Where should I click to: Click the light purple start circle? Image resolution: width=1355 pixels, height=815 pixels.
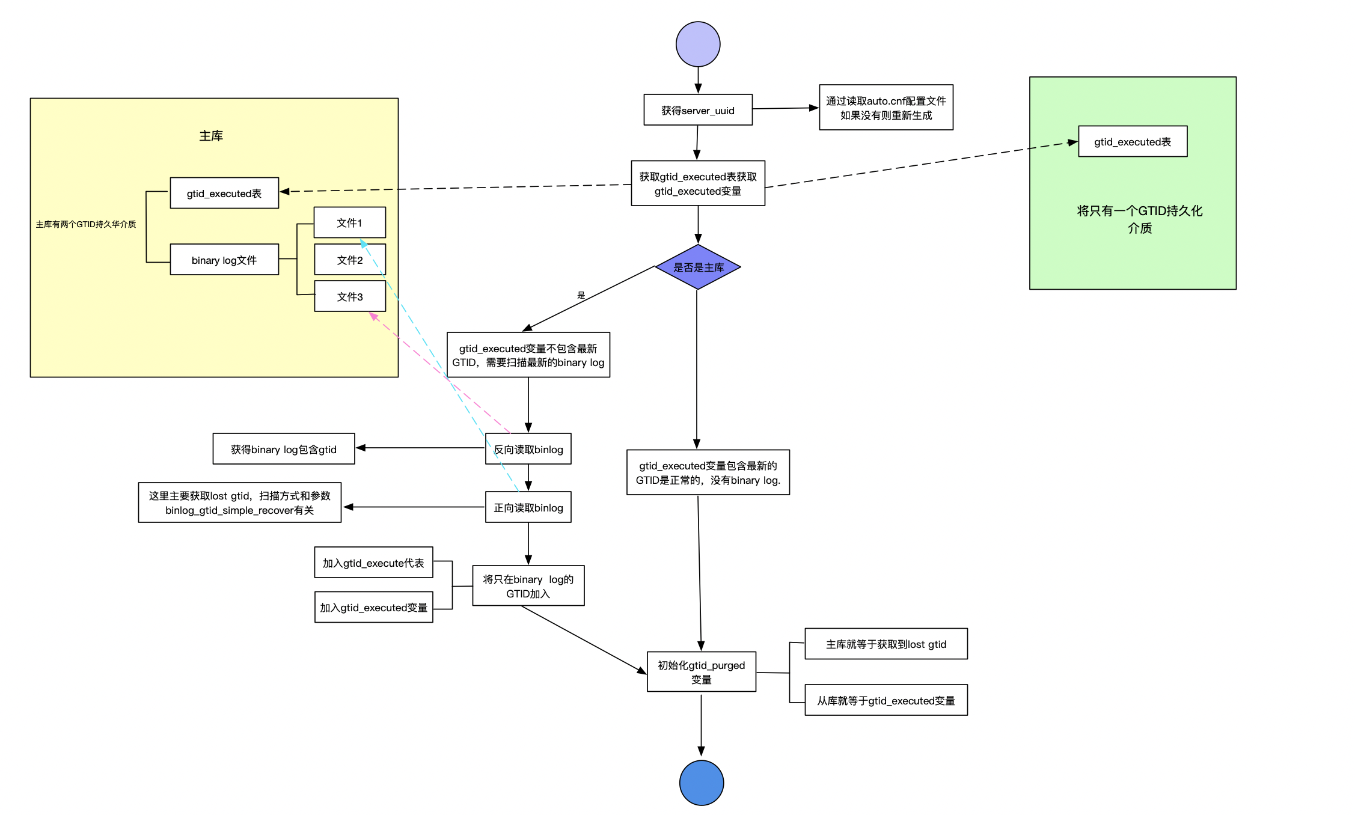(x=698, y=44)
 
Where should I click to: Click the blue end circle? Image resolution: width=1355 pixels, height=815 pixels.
(x=702, y=783)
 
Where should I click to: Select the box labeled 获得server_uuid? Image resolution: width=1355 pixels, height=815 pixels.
(x=698, y=110)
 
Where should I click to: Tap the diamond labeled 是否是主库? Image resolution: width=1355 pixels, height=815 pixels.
(x=698, y=267)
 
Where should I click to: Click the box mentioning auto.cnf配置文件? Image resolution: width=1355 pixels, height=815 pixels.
(x=886, y=108)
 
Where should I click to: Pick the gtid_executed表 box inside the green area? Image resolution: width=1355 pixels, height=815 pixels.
(x=1133, y=142)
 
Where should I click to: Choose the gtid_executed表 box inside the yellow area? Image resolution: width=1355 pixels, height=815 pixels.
(x=224, y=193)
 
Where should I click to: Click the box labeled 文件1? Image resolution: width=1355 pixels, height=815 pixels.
(x=350, y=223)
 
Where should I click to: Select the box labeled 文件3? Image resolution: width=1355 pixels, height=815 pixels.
(x=350, y=296)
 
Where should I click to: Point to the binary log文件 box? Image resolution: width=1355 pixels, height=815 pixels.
(x=224, y=260)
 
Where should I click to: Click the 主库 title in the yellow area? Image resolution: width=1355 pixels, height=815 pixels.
(x=211, y=136)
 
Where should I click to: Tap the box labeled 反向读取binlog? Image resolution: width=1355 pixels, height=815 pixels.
(x=528, y=449)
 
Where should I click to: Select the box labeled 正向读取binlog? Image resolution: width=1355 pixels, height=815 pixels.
(x=528, y=507)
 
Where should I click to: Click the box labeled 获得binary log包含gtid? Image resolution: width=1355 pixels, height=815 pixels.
(x=284, y=449)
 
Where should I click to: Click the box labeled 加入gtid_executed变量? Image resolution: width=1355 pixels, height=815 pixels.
(x=373, y=607)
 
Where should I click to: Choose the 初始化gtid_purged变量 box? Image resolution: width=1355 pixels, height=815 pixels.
(x=702, y=672)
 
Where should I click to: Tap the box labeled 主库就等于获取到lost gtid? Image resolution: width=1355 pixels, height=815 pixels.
(x=886, y=644)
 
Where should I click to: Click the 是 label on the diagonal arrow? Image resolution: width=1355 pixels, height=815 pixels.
(x=581, y=295)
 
